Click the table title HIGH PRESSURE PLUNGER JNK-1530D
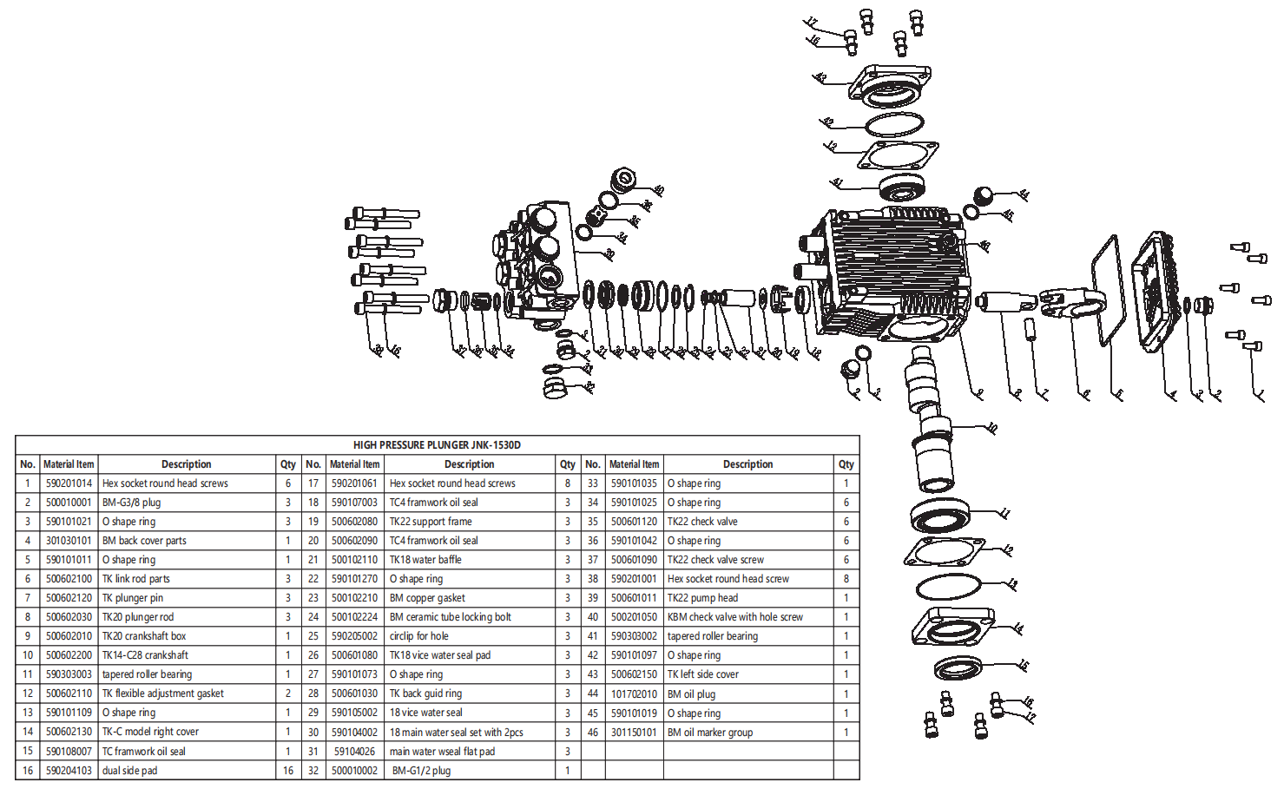pos(437,445)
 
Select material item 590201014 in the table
pos(69,483)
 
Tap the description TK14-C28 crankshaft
pos(145,655)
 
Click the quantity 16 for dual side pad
pos(288,771)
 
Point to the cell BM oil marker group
pos(709,733)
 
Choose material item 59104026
pos(354,752)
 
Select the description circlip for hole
pos(418,636)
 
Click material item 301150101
pos(634,733)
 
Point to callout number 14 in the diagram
pos(1017,628)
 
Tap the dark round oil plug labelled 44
pos(983,195)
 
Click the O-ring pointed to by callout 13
pos(948,588)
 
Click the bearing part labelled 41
pos(901,187)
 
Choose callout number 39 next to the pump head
pos(609,254)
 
